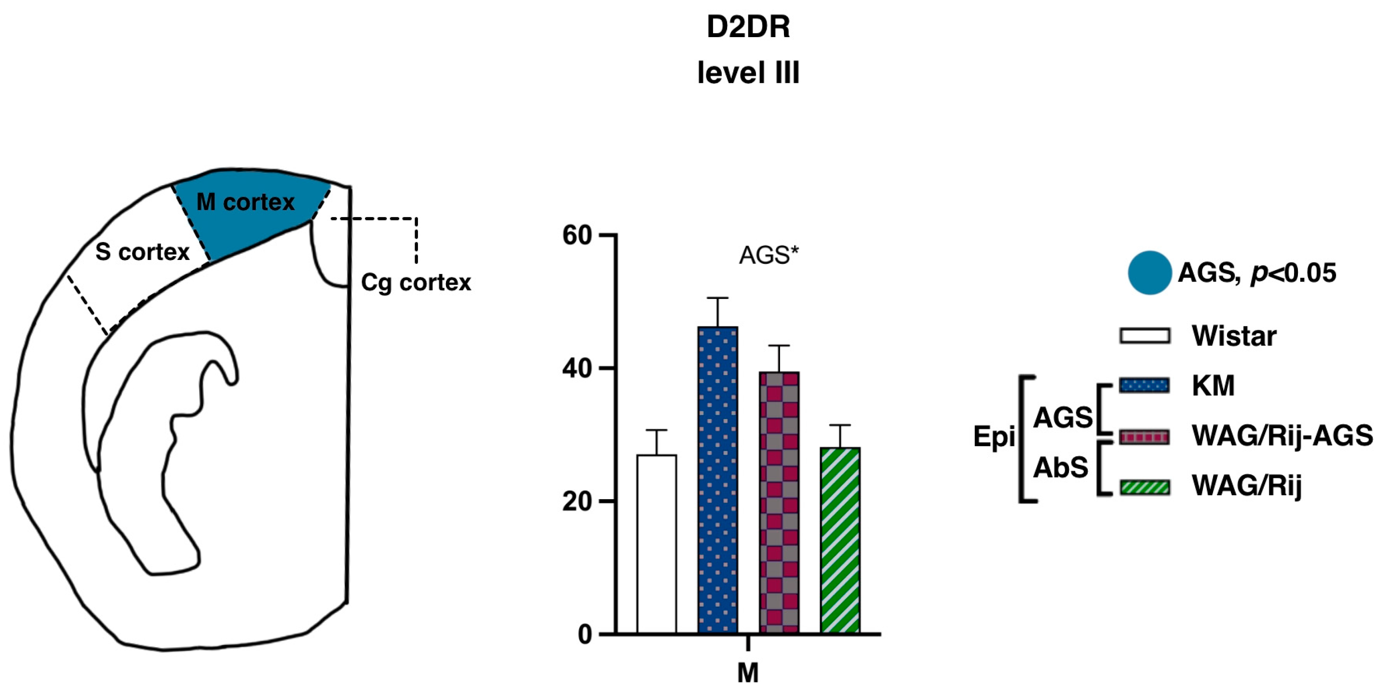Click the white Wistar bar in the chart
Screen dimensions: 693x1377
(656, 544)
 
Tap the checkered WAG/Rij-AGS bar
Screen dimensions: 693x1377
(779, 503)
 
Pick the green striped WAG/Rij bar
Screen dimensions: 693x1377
(840, 540)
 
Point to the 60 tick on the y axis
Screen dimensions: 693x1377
(577, 235)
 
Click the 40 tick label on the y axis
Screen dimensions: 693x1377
(577, 368)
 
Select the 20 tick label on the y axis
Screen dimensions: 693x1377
(577, 502)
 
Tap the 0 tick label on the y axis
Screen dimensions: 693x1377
(585, 635)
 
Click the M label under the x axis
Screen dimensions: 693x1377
(748, 673)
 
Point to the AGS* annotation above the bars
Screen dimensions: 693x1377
(768, 256)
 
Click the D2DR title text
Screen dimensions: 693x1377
(748, 27)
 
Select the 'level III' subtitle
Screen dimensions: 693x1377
(748, 73)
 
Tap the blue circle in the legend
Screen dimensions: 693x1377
(1149, 272)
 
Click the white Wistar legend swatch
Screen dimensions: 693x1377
(1145, 336)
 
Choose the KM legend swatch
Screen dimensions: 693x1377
(1145, 385)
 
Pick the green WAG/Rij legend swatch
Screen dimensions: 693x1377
(1145, 487)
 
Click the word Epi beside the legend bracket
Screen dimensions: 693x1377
(994, 437)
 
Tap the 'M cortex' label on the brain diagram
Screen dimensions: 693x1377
(245, 202)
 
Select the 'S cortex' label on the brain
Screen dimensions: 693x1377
(142, 252)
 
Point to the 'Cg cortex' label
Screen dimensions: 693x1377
(416, 282)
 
